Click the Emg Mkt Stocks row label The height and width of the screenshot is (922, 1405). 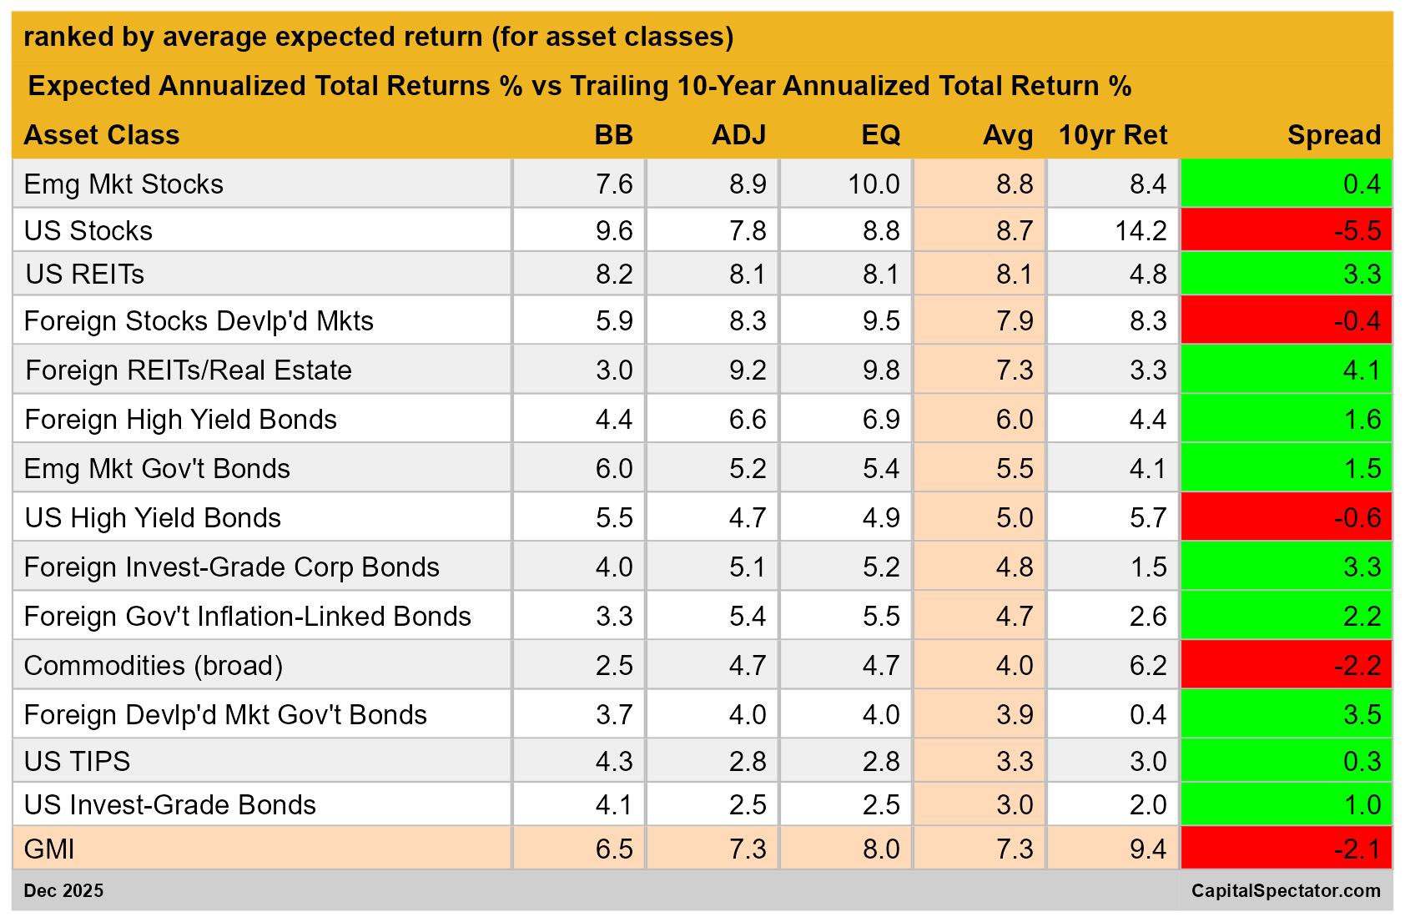pyautogui.click(x=123, y=184)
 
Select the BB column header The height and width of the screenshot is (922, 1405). pyautogui.click(x=613, y=135)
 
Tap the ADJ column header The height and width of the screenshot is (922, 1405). pyautogui.click(x=738, y=135)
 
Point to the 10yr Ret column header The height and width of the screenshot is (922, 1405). pyautogui.click(x=1112, y=135)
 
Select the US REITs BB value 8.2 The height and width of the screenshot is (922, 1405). pyautogui.click(x=614, y=275)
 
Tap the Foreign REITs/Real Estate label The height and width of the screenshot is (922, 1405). pyautogui.click(x=189, y=370)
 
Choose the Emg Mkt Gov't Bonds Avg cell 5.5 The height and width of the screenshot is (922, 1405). pyautogui.click(x=1014, y=469)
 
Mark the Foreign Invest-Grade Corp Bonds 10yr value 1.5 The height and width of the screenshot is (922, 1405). pyautogui.click(x=1148, y=567)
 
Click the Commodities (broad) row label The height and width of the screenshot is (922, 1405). pyautogui.click(x=154, y=666)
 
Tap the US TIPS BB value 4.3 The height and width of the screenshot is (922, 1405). pyautogui.click(x=614, y=762)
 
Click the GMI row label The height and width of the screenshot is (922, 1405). pyautogui.click(x=49, y=849)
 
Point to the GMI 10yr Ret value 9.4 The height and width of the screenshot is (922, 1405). pyautogui.click(x=1148, y=849)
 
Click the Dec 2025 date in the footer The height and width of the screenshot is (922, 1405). pyautogui.click(x=63, y=891)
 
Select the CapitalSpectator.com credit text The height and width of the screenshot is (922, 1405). pyautogui.click(x=1285, y=891)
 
